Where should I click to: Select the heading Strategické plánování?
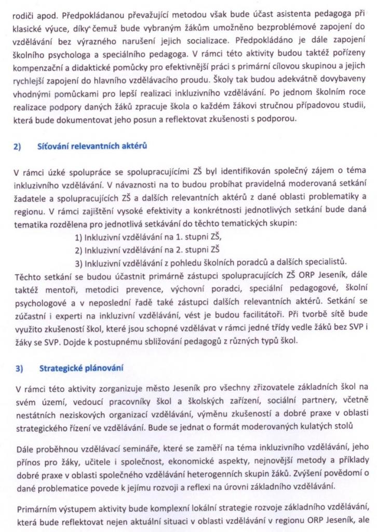point(81,368)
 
